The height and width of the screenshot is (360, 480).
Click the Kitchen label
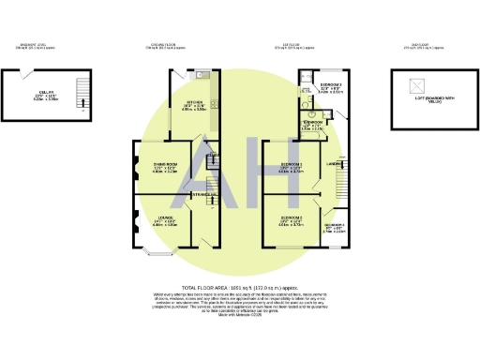click(194, 102)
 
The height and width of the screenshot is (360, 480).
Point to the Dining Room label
click(165, 165)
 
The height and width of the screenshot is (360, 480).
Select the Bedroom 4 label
click(335, 226)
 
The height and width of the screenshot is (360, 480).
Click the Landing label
click(333, 166)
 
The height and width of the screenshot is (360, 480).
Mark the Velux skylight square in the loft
click(418, 83)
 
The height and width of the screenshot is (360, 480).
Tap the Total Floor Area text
click(240, 287)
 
